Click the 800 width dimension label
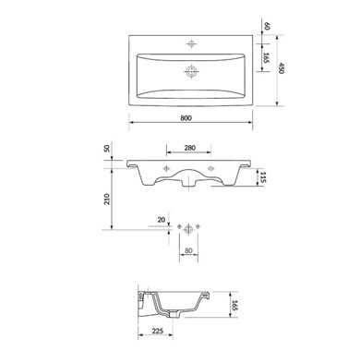click(x=186, y=118)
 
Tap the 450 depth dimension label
click(x=281, y=68)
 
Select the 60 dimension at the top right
click(x=267, y=27)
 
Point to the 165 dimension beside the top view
click(x=267, y=58)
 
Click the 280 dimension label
click(x=190, y=148)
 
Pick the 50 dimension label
click(x=106, y=148)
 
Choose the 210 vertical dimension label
click(x=106, y=200)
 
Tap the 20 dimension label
click(x=162, y=220)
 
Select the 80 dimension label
click(x=188, y=250)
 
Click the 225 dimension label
click(x=157, y=332)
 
